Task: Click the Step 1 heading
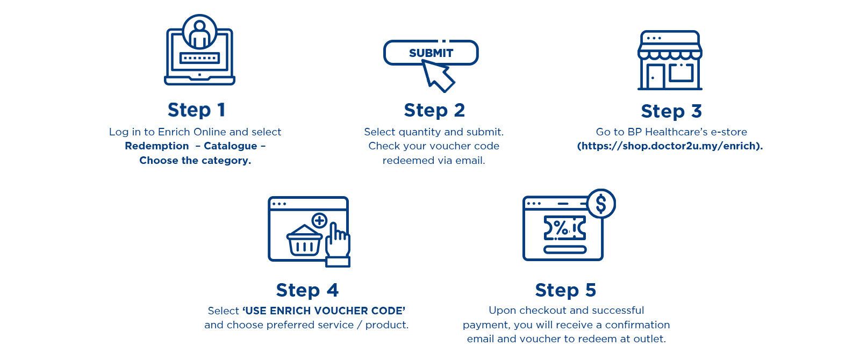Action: (x=196, y=110)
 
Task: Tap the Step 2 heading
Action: (x=434, y=110)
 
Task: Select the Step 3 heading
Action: (x=671, y=111)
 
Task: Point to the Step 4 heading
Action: (x=307, y=290)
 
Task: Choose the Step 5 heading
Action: (x=565, y=290)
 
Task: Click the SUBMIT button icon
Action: (x=431, y=53)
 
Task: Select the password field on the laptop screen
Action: (x=199, y=58)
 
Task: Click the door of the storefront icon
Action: (x=655, y=76)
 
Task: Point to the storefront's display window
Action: (x=681, y=73)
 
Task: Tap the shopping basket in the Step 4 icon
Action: (x=304, y=241)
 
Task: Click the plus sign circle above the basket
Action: (x=319, y=221)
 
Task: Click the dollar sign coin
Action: (x=601, y=204)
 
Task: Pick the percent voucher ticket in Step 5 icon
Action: (x=565, y=228)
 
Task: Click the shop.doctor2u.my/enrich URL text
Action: (x=670, y=146)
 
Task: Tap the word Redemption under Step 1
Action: (x=156, y=146)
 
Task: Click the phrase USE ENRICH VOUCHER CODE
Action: (x=324, y=311)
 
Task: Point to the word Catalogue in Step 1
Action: (x=231, y=146)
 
